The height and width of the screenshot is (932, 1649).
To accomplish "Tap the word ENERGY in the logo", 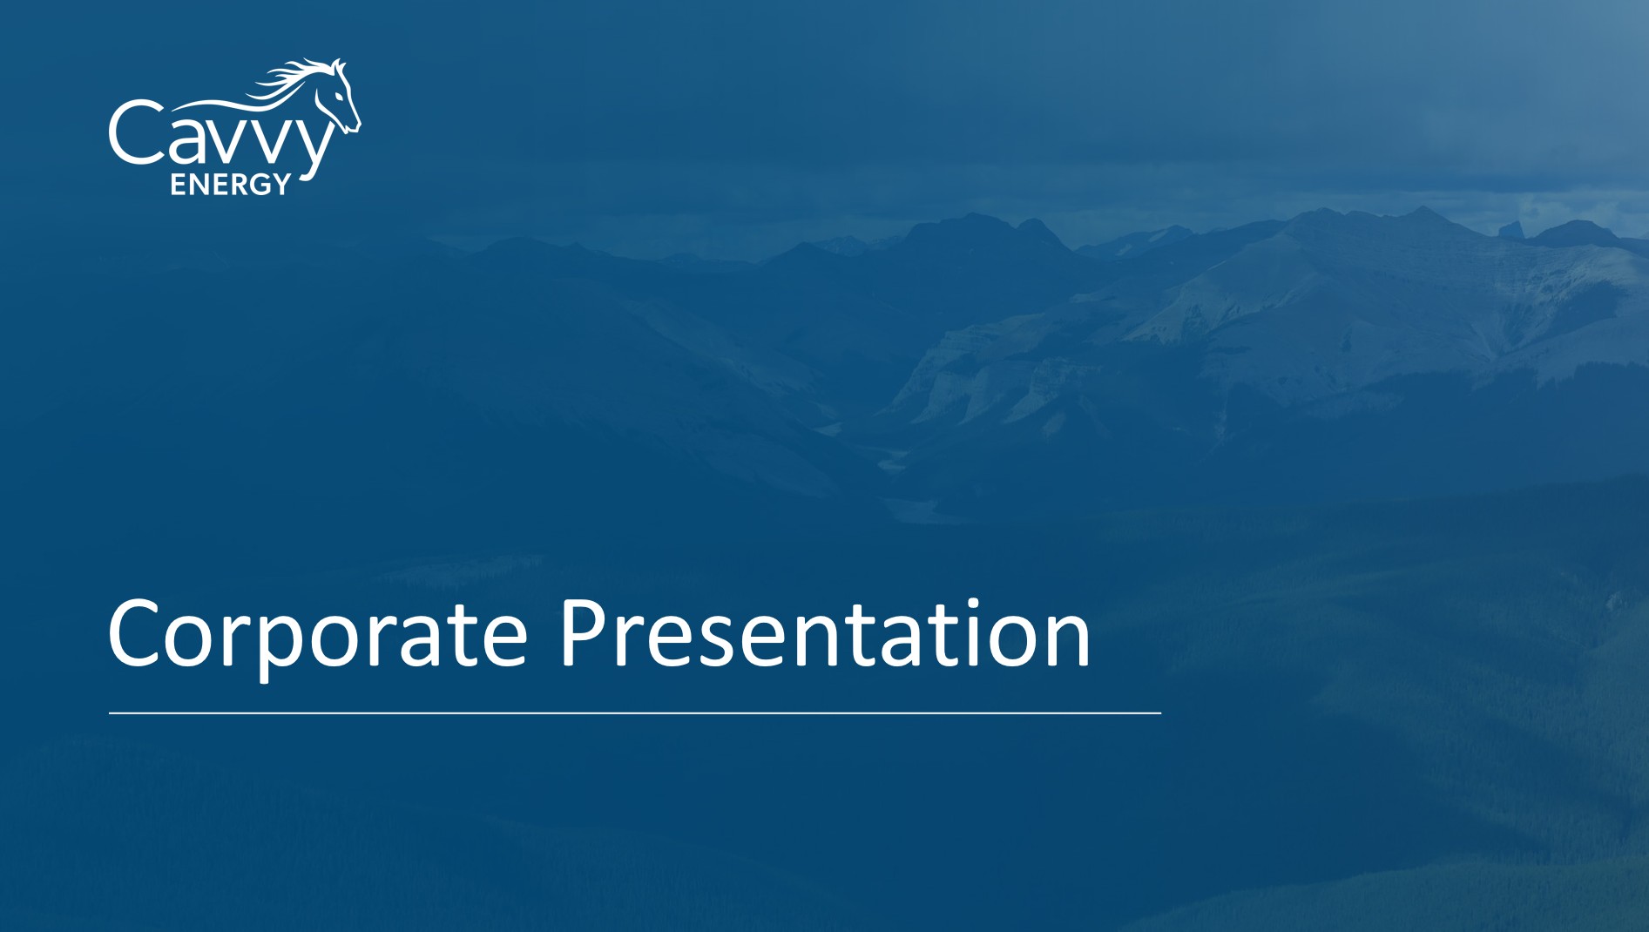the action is [230, 184].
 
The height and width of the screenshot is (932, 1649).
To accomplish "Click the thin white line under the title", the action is [635, 713].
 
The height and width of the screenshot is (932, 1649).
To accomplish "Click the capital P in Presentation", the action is [583, 633].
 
